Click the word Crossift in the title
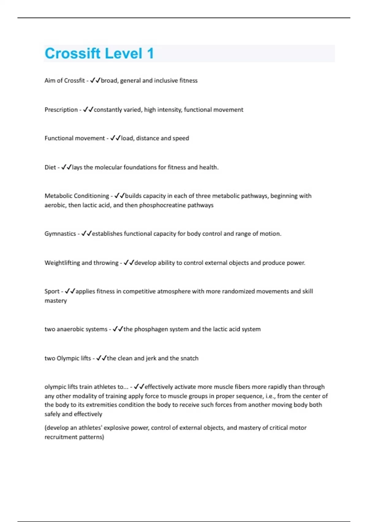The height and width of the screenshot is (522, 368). [72, 53]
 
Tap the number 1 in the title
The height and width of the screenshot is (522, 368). [150, 53]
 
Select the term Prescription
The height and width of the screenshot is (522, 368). [61, 110]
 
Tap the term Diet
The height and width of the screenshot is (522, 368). [50, 167]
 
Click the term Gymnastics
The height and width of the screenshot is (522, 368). [60, 234]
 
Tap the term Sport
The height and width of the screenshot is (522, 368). [52, 291]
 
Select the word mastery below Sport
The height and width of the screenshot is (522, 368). [56, 301]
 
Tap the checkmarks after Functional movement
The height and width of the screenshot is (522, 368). [115, 138]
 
